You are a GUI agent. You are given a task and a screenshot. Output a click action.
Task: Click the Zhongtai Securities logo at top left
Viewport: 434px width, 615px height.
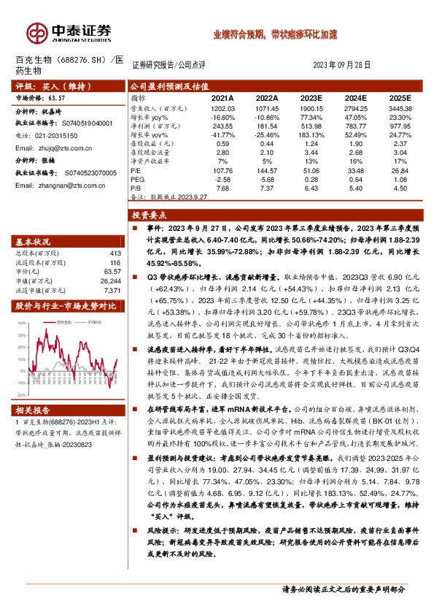point(69,32)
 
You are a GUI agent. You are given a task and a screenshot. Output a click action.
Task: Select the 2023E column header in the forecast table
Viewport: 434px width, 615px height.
point(311,97)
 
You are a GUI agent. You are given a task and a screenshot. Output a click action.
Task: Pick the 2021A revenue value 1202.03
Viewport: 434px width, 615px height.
point(222,107)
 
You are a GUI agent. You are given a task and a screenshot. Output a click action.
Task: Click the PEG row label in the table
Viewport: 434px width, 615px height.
point(139,179)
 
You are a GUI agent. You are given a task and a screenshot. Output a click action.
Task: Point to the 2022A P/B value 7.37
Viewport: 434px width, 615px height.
point(267,187)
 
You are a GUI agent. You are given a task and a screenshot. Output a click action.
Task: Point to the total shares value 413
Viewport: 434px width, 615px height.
point(113,253)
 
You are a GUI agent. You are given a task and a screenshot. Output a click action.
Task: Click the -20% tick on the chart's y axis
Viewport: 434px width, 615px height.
point(22,378)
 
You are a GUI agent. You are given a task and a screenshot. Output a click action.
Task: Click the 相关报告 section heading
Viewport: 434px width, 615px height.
point(34,410)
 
